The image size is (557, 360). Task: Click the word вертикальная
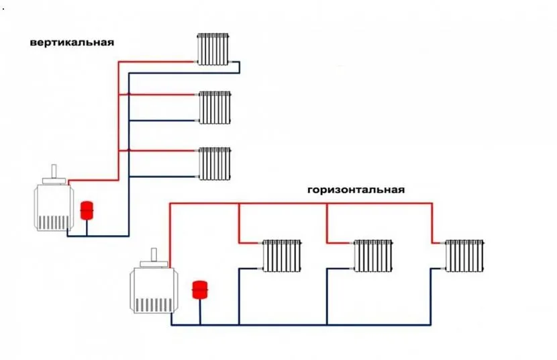click(x=72, y=42)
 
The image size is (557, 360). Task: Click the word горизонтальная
click(x=356, y=189)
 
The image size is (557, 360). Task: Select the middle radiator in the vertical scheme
click(x=215, y=107)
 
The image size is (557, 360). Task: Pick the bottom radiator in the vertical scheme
click(x=215, y=164)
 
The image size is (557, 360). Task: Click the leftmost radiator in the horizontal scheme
click(x=282, y=255)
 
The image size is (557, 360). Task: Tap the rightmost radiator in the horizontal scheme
click(x=464, y=255)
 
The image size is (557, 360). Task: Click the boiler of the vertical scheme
click(x=53, y=206)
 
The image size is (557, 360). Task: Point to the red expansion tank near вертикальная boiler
click(x=87, y=210)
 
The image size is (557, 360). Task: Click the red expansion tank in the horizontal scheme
click(x=200, y=289)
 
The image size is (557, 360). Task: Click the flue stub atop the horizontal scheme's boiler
click(x=154, y=256)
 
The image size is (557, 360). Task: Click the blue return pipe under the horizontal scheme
click(x=302, y=325)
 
